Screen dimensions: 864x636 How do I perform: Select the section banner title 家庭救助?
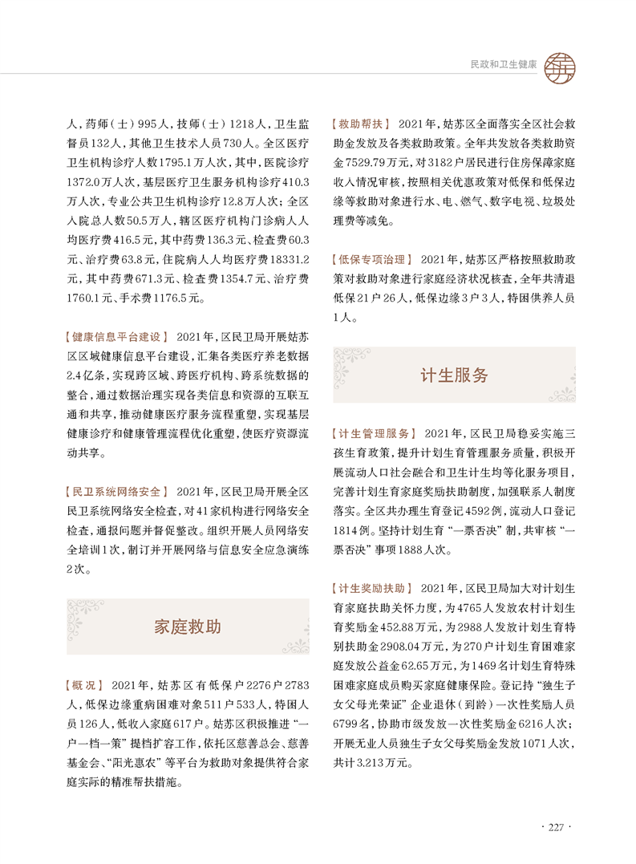pos(187,627)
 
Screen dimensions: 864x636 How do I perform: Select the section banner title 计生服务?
pos(453,375)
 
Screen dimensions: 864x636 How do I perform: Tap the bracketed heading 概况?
pos(83,685)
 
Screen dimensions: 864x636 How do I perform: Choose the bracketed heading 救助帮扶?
pos(360,124)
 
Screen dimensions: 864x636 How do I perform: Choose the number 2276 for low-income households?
pos(243,685)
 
